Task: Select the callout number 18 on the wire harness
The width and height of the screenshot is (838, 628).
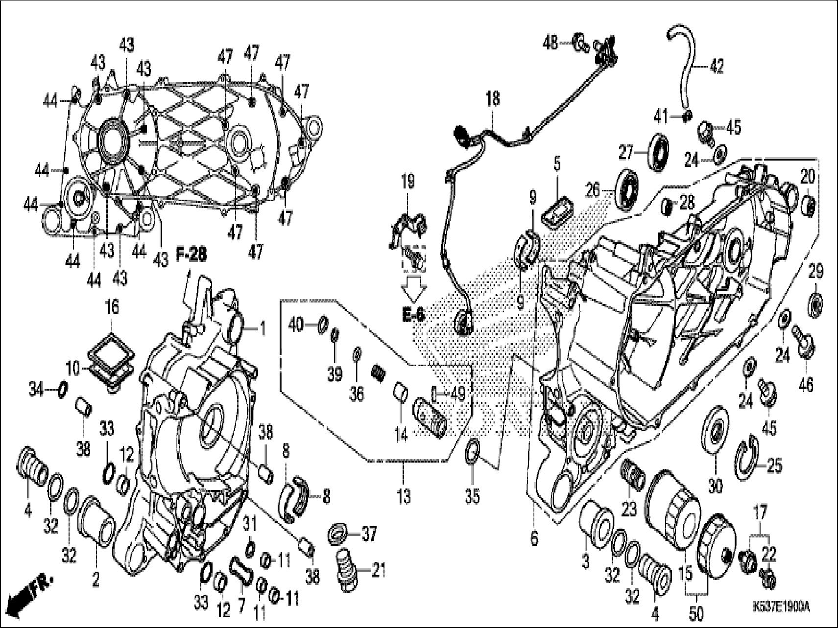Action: pos(493,99)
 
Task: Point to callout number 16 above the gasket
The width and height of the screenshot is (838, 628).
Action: pos(112,308)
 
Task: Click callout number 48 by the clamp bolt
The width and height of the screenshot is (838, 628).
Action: pos(551,43)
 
